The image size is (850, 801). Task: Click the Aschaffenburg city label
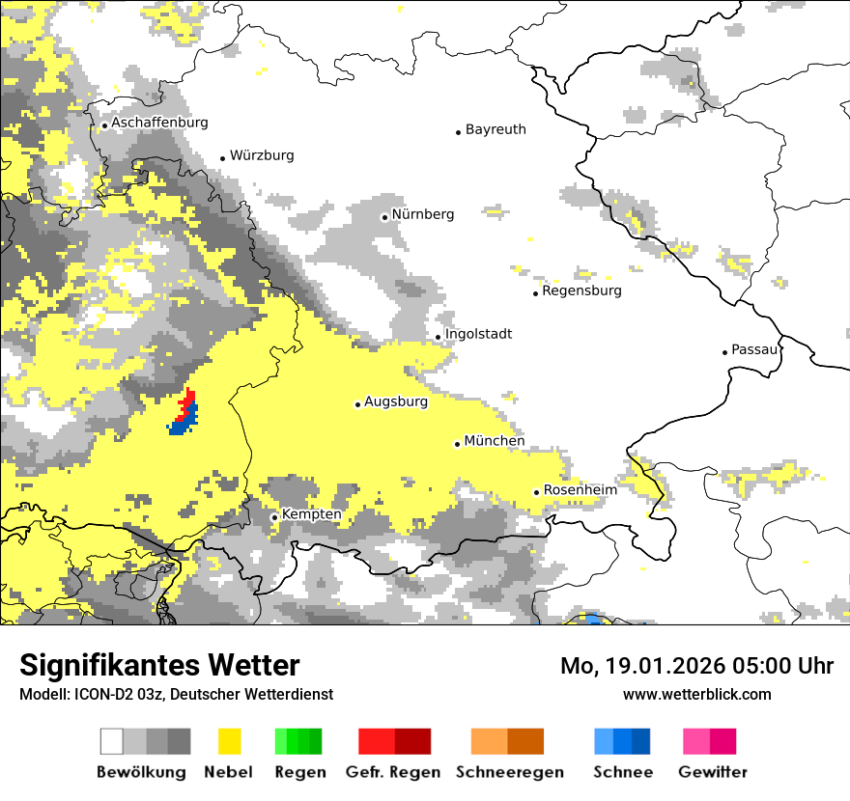pyautogui.click(x=159, y=124)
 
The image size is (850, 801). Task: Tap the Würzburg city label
pyautogui.click(x=262, y=155)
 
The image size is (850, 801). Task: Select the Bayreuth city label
pyautogui.click(x=496, y=129)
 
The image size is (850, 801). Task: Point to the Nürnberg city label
pyautogui.click(x=422, y=214)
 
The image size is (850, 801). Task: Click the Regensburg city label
pyautogui.click(x=581, y=290)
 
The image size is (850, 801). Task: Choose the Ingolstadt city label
pyautogui.click(x=478, y=334)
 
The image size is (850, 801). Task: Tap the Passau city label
pyautogui.click(x=754, y=349)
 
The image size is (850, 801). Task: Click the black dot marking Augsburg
pyautogui.click(x=357, y=404)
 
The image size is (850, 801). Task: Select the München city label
pyautogui.click(x=495, y=441)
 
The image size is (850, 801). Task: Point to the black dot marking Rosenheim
pyautogui.click(x=536, y=492)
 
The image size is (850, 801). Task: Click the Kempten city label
pyautogui.click(x=311, y=514)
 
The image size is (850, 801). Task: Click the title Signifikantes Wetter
pyautogui.click(x=159, y=666)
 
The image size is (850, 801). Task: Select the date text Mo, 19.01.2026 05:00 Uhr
pyautogui.click(x=696, y=666)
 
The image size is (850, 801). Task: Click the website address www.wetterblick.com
pyautogui.click(x=696, y=694)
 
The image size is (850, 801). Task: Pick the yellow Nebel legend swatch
pyautogui.click(x=229, y=741)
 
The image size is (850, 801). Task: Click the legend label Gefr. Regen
pyautogui.click(x=393, y=772)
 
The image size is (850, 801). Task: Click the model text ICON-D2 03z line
pyautogui.click(x=176, y=694)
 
